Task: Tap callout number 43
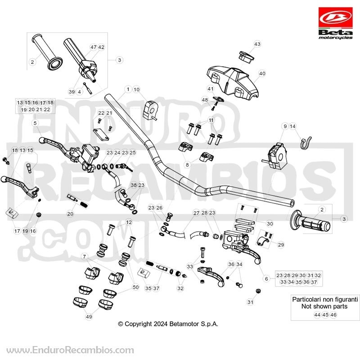(x=257, y=44)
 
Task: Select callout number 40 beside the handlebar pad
(x=262, y=73)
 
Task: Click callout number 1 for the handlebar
(x=128, y=89)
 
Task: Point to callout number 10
(x=136, y=89)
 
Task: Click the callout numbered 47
(x=94, y=47)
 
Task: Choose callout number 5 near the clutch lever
(x=35, y=123)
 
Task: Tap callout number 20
(x=70, y=214)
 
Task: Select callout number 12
(x=129, y=222)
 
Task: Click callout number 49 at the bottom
(x=89, y=317)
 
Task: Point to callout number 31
(x=250, y=302)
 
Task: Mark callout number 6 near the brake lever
(x=266, y=279)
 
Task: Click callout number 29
(x=281, y=245)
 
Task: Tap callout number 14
(x=292, y=126)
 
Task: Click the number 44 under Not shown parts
(x=317, y=315)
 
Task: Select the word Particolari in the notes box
(x=307, y=299)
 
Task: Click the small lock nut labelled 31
(x=258, y=291)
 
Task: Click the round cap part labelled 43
(x=246, y=57)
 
